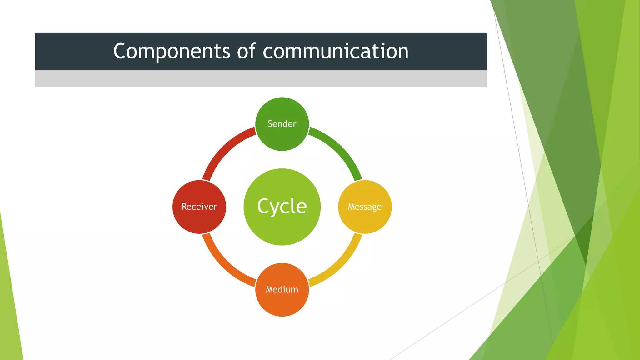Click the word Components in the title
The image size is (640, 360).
pos(171,52)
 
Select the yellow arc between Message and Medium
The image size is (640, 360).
pos(341,266)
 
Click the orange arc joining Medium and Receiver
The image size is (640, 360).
pos(223,266)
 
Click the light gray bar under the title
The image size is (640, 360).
pos(261,78)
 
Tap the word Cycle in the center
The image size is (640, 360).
pos(282,206)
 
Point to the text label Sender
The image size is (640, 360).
pos(282,124)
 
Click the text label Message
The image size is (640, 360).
pos(365,207)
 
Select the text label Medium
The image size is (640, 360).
pos(282,289)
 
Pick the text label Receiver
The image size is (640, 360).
pos(199,207)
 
